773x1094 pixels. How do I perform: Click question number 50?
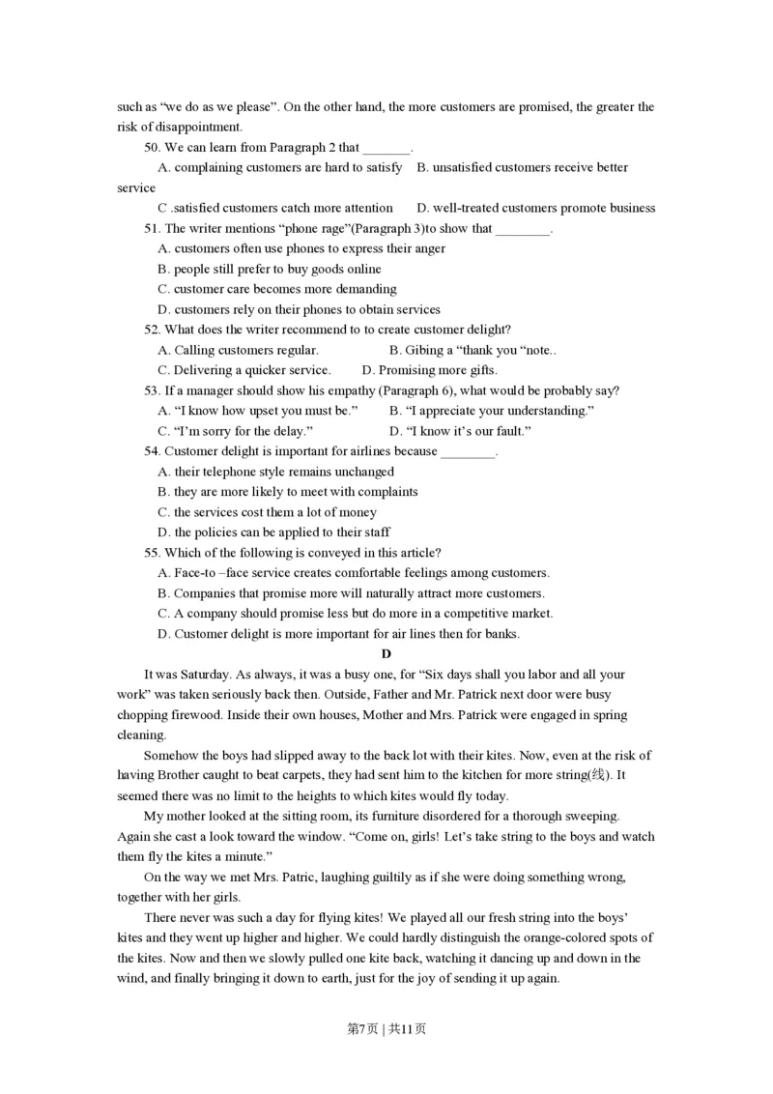click(153, 148)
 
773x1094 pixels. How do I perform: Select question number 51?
click(153, 229)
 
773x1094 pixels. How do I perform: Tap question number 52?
click(153, 330)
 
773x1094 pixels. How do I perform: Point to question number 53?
click(153, 390)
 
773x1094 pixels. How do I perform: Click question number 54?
click(153, 451)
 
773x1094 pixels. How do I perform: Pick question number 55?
click(153, 553)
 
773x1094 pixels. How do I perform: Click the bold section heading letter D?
click(386, 654)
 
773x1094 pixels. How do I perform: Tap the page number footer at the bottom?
click(386, 1028)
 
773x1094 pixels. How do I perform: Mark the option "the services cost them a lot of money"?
click(275, 512)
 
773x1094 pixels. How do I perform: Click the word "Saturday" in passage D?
click(204, 675)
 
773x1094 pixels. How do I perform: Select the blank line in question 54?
click(468, 452)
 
